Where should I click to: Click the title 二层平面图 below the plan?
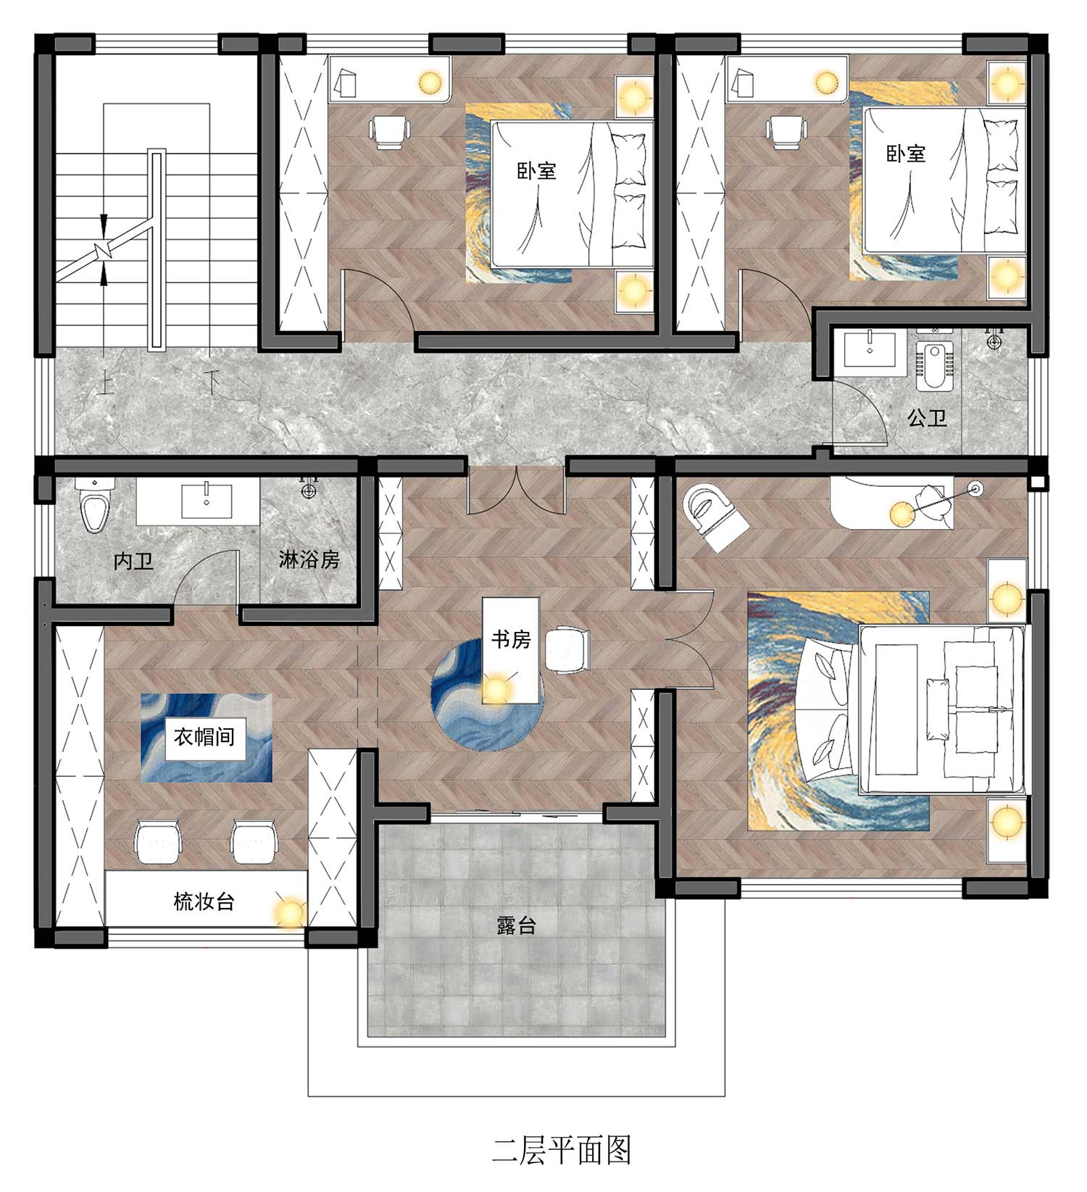point(562,1150)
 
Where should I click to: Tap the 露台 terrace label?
point(516,925)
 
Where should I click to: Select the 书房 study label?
point(511,639)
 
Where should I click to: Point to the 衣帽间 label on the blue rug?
point(204,737)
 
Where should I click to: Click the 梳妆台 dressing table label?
point(204,901)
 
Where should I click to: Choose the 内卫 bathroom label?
point(134,560)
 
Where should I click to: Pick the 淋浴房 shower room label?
point(309,559)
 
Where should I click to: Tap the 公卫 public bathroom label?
point(928,418)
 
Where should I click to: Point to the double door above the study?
point(515,490)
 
